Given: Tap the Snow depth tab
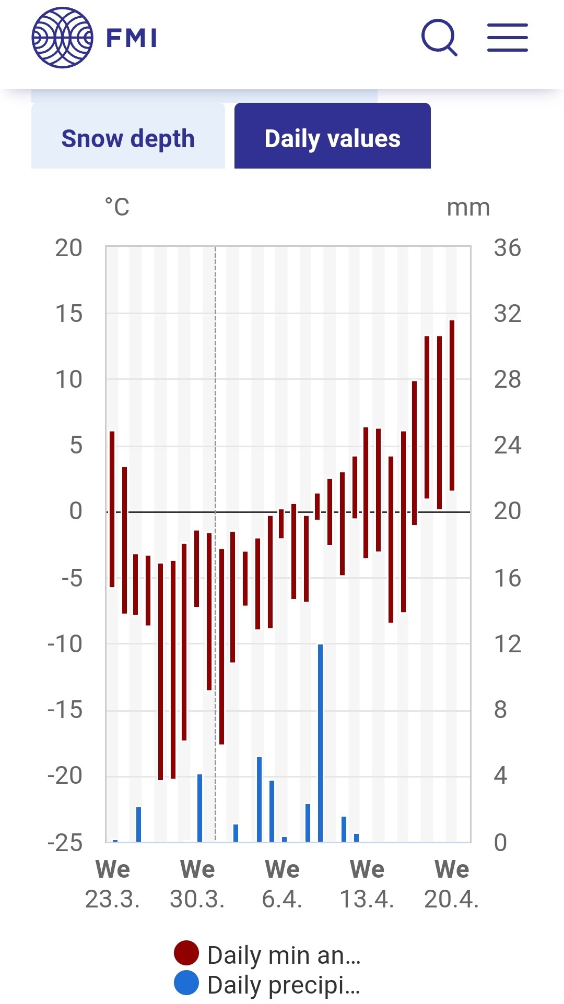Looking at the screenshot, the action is click(128, 138).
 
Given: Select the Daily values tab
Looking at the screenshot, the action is click(333, 138).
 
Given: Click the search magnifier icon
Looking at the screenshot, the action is click(439, 38).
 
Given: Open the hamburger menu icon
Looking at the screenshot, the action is click(508, 38).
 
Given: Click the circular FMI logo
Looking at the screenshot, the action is click(63, 38).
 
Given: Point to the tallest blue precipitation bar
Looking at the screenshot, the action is click(320, 743).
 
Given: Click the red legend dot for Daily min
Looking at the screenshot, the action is click(186, 953).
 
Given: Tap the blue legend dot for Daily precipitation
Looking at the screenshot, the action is click(186, 983).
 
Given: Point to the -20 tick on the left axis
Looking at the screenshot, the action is click(65, 776).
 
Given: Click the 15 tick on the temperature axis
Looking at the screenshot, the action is click(69, 314).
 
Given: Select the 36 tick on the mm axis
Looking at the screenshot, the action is click(508, 248).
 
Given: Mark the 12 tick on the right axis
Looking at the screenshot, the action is click(508, 644).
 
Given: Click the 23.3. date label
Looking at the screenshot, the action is click(112, 899).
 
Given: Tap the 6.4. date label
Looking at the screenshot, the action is click(282, 899).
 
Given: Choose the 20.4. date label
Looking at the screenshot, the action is click(452, 899).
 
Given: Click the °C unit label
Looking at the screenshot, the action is click(117, 207).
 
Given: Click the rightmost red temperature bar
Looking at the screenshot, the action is click(452, 405).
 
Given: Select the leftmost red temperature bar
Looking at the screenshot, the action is click(112, 509).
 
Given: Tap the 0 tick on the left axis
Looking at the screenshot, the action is click(76, 511).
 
